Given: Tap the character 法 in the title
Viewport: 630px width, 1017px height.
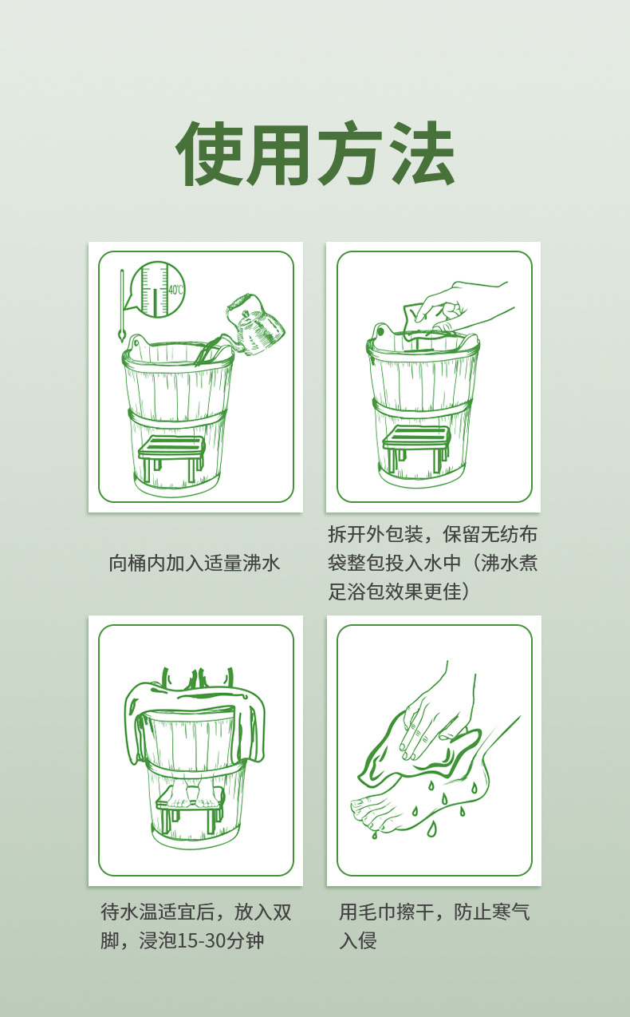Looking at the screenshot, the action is click(420, 153).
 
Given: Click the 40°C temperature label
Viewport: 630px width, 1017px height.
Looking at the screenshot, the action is click(175, 290).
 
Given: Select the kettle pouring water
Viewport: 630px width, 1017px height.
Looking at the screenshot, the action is click(255, 325).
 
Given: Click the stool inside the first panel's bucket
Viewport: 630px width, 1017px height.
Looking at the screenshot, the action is click(171, 457).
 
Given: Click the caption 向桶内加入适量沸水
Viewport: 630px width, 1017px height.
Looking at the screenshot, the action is click(195, 563).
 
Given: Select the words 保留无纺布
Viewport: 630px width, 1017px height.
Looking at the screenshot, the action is click(490, 534).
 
